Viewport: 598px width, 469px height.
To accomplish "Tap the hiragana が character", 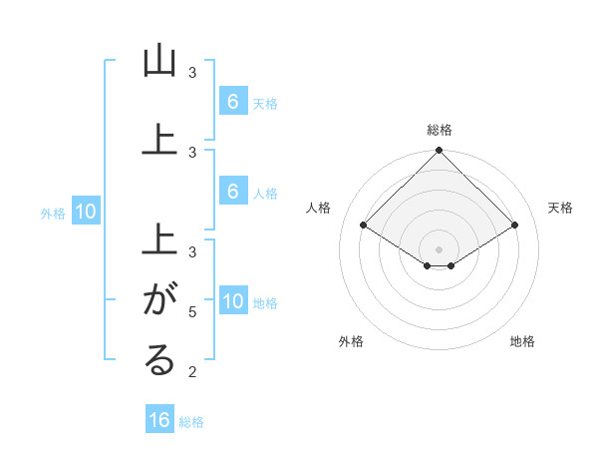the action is tap(159, 298).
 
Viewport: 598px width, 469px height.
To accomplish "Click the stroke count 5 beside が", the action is tap(192, 312).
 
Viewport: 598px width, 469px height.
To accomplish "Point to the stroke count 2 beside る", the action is tap(192, 372).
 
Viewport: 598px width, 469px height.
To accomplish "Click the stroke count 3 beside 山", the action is tap(192, 73).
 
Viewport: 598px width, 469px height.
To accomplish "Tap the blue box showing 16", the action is tap(159, 420).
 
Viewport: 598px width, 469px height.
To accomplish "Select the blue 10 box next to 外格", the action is tap(85, 212).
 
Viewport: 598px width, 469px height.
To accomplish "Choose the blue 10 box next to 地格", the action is tap(232, 302).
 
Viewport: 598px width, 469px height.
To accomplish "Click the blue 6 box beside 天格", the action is tap(232, 102).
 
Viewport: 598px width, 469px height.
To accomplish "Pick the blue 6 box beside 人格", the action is tap(232, 192).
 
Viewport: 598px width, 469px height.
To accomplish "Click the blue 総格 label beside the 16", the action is tap(191, 422).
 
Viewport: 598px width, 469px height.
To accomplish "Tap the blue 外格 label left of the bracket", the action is tap(53, 213).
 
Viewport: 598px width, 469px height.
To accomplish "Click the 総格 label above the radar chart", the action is tap(439, 130).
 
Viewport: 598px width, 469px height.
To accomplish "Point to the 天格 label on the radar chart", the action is tap(561, 208).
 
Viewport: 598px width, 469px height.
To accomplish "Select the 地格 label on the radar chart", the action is tap(522, 342).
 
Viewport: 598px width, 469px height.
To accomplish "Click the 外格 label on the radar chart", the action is tap(351, 342).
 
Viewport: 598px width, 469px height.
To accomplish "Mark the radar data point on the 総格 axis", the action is tap(439, 152).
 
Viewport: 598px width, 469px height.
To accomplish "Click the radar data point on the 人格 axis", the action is tap(363, 225).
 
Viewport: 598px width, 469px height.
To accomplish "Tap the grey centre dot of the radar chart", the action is tap(439, 248).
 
